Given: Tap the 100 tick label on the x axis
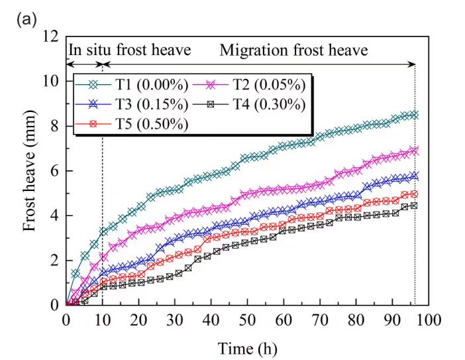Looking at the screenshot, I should (x=429, y=320).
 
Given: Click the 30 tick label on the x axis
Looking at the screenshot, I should (x=175, y=320).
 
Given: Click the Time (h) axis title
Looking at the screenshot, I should (x=248, y=347).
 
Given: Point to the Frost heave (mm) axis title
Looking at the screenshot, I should (x=29, y=170).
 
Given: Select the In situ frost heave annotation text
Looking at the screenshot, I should (x=129, y=50).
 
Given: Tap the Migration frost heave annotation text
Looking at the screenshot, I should (x=293, y=50).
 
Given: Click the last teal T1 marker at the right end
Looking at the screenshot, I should (x=415, y=114).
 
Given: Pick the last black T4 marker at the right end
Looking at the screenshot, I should (x=415, y=206).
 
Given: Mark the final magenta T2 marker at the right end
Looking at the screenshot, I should (x=415, y=150).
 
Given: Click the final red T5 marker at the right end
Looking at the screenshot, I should (x=415, y=194).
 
